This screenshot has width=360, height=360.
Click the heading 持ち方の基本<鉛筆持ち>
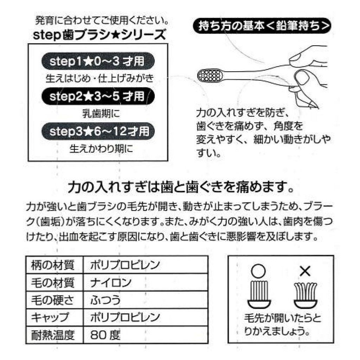tap(262, 26)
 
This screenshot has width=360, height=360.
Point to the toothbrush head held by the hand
tap(210, 75)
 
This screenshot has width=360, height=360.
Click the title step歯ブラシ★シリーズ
tap(99, 35)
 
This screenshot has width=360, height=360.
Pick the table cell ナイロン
tap(111, 282)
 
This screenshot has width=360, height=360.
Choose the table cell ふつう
tap(105, 300)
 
